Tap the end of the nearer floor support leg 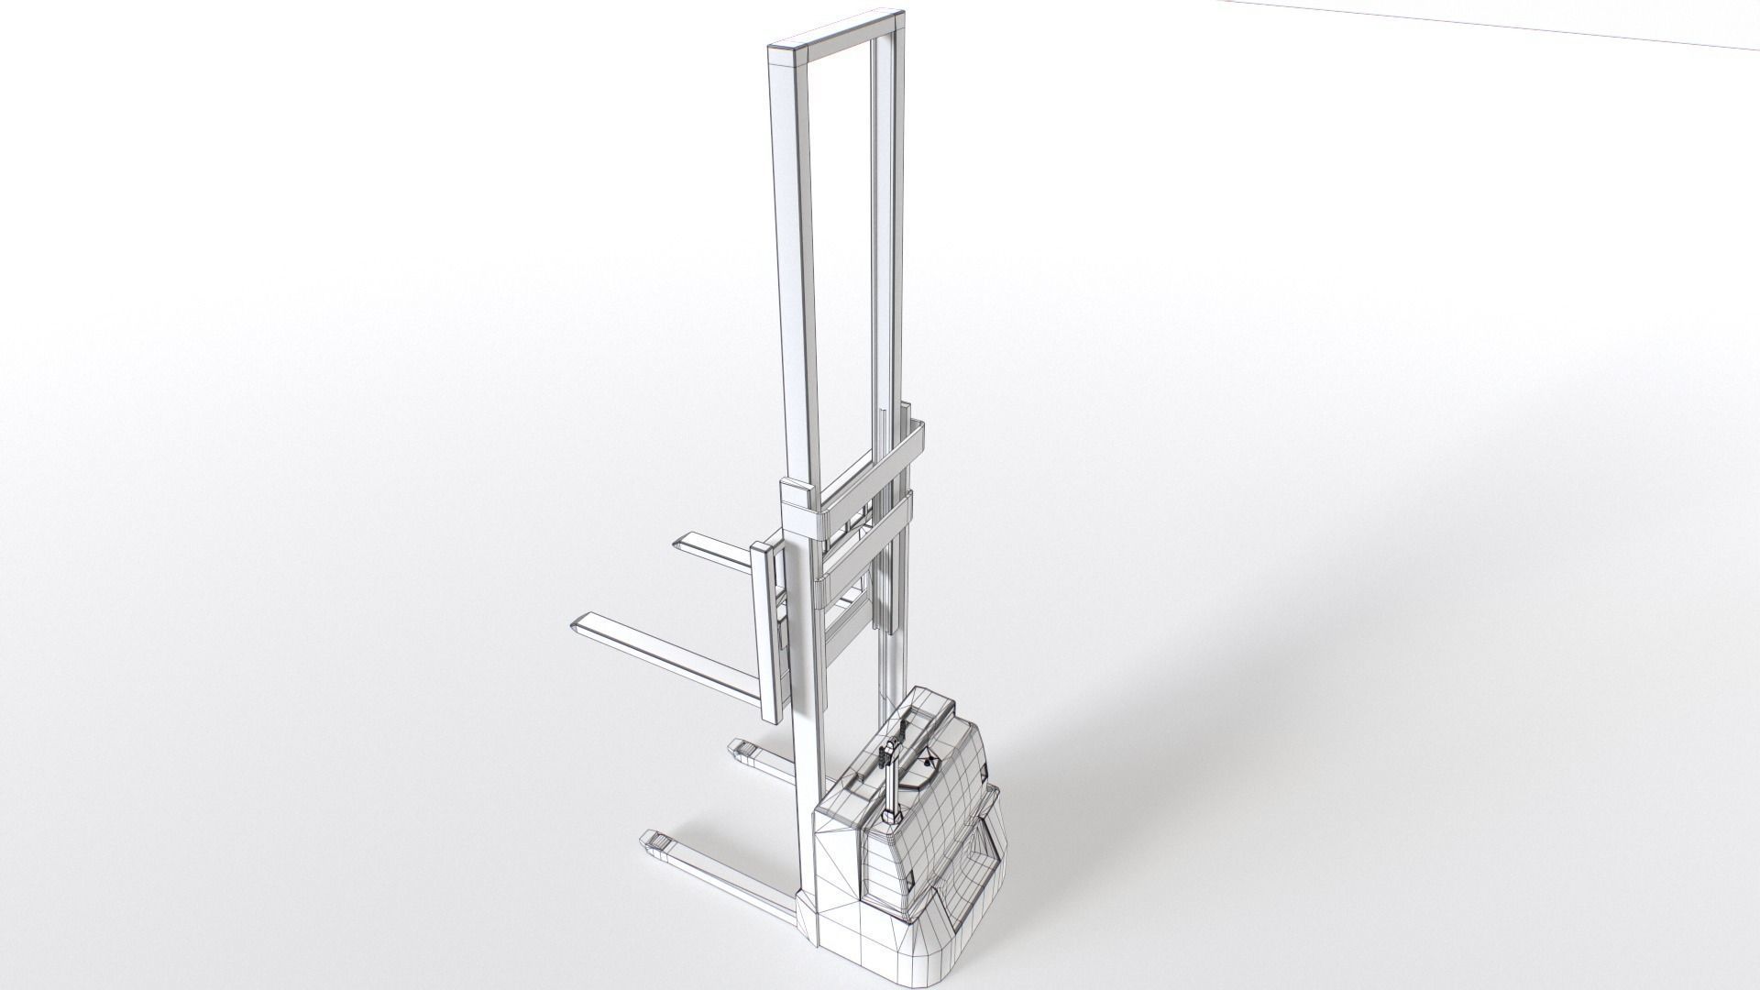click(x=653, y=840)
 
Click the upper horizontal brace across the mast click(x=866, y=467)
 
